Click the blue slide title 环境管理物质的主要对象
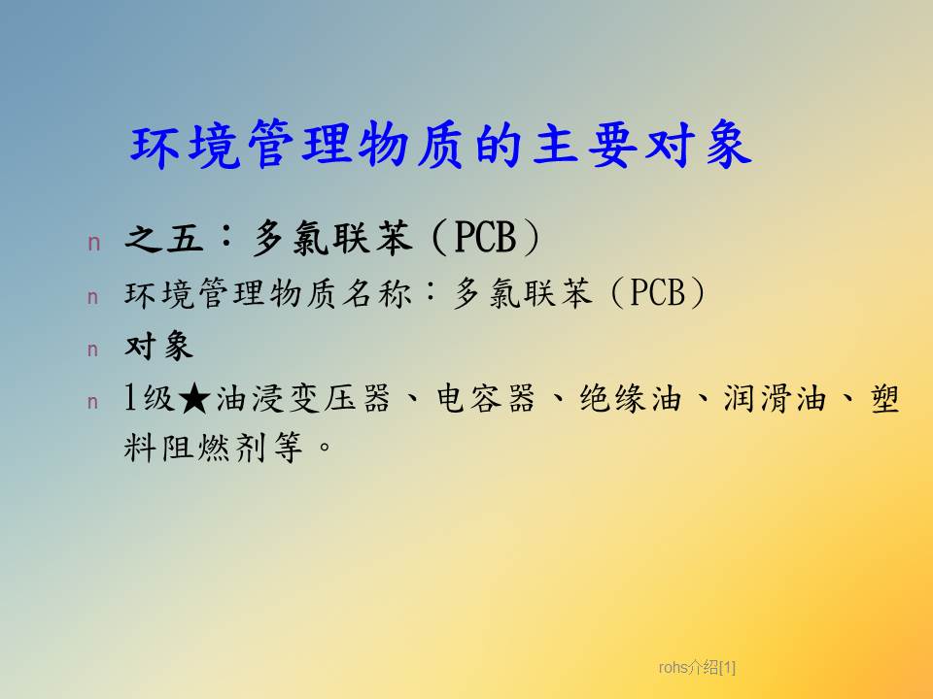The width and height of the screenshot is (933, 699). [441, 145]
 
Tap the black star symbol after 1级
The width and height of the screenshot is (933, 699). [194, 399]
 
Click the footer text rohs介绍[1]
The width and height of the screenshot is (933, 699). [697, 668]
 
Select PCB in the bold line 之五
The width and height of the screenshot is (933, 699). [485, 237]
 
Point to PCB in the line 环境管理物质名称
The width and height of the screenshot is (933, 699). [657, 292]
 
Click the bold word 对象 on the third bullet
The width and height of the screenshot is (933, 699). [158, 346]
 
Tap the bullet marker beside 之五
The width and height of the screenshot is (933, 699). [94, 243]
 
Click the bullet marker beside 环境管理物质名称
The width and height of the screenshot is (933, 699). [93, 297]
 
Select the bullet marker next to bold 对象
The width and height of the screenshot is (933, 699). [93, 349]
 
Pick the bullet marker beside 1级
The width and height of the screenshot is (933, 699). [93, 402]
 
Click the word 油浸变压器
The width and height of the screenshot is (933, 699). [303, 399]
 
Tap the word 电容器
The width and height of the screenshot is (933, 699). [485, 399]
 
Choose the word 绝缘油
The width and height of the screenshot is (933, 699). [630, 399]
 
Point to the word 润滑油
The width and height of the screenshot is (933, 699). [775, 399]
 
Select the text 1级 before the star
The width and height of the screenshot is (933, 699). [149, 399]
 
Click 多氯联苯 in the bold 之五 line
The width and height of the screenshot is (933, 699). [333, 238]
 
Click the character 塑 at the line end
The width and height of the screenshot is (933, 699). [884, 399]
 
